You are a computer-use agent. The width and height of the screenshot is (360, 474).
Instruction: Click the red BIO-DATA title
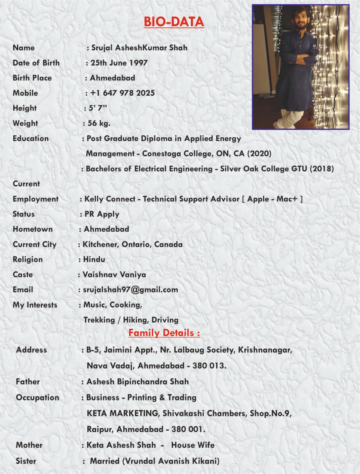pos(174,22)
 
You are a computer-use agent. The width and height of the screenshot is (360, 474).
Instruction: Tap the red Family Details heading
pos(164,333)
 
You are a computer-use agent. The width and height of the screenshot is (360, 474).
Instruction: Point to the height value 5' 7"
pos(98,108)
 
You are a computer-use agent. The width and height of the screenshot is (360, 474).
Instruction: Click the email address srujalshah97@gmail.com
pos(130,290)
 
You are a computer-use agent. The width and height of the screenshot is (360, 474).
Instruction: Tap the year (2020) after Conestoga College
pos(259,153)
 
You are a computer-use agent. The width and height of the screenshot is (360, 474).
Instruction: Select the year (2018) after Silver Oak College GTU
pos(322,169)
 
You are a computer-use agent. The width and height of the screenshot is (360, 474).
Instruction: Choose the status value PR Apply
pos(102,214)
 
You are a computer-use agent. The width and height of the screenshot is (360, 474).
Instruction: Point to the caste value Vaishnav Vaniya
pos(114,275)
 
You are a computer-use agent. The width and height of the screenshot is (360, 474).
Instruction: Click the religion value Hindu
pos(94,260)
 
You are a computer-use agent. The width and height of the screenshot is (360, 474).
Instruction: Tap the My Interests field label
pos(35,305)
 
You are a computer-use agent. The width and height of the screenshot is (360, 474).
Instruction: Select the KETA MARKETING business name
pos(123,413)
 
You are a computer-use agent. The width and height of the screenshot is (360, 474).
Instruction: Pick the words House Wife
pos(193,445)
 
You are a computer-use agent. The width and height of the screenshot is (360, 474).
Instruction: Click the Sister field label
pos(26,461)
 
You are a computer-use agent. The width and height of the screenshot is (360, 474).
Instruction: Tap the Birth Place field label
pos(32,78)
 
